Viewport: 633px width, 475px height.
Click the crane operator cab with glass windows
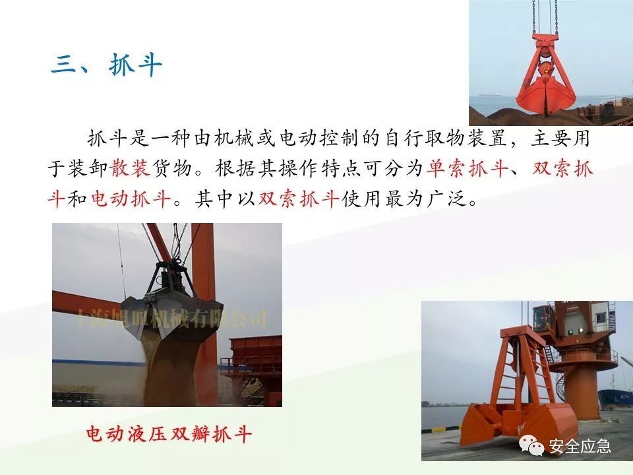(x=545, y=317)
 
